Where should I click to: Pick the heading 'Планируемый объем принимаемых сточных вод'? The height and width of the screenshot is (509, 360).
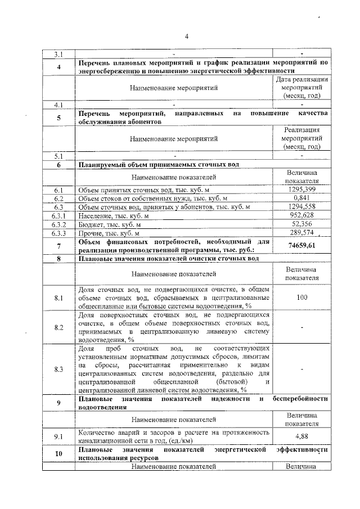click(x=159, y=164)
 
